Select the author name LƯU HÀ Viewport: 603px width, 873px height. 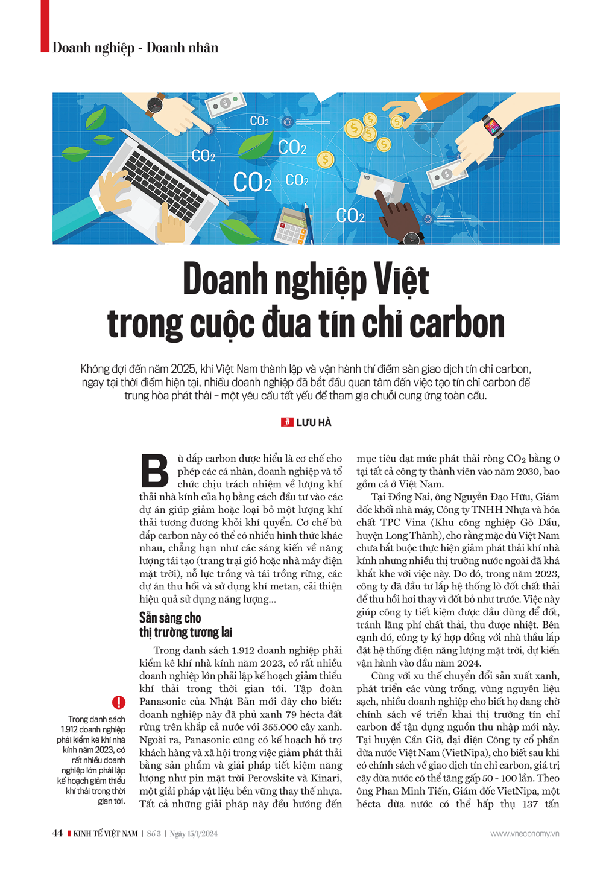pos(314,422)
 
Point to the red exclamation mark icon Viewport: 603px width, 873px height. pos(119,702)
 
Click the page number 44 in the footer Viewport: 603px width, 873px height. pos(57,833)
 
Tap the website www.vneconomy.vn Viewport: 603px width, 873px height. pos(525,833)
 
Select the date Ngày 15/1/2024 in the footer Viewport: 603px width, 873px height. pos(194,833)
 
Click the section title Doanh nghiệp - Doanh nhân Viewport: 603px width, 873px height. pos(135,48)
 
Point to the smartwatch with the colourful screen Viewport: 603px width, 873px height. pos(491,127)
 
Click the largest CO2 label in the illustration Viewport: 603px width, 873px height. pos(252,182)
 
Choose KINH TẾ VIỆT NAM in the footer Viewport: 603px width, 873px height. pos(105,833)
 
